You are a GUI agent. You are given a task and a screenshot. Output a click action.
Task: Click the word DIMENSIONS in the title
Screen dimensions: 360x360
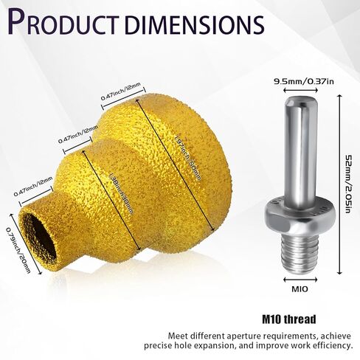point(194,24)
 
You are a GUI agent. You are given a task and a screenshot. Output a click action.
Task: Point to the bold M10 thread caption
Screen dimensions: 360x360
point(289,319)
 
